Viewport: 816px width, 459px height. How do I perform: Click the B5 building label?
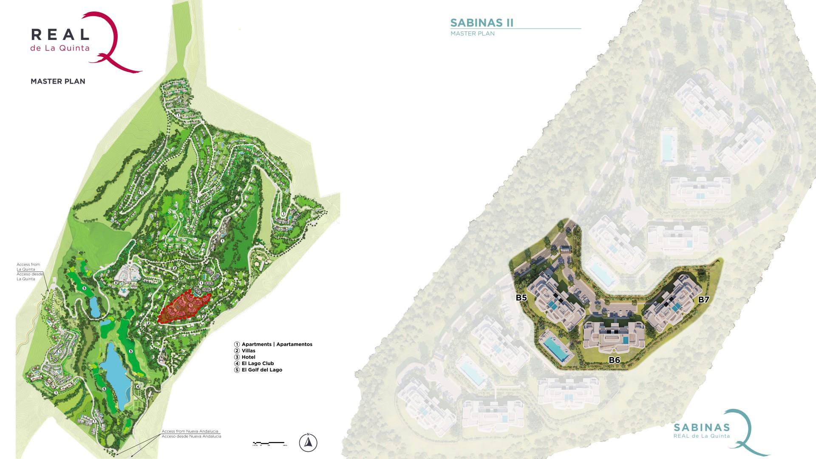pyautogui.click(x=521, y=297)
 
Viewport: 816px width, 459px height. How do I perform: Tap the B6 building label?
pyautogui.click(x=614, y=360)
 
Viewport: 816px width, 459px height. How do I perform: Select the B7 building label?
pyautogui.click(x=703, y=300)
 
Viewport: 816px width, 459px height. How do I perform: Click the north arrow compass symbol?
pyautogui.click(x=308, y=442)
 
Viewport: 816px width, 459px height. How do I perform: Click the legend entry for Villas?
pyautogui.click(x=248, y=351)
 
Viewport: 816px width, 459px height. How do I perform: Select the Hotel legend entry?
pyautogui.click(x=248, y=357)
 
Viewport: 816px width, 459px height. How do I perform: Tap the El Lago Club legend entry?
pyautogui.click(x=257, y=363)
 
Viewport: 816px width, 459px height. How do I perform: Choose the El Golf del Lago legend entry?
pyautogui.click(x=261, y=370)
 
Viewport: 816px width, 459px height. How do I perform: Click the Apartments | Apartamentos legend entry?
pyautogui.click(x=276, y=344)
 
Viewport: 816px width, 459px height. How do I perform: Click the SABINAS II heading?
pyautogui.click(x=482, y=23)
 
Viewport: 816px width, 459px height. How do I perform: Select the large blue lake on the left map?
pyautogui.click(x=115, y=378)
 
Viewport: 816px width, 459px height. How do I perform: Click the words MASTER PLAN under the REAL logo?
pyautogui.click(x=58, y=81)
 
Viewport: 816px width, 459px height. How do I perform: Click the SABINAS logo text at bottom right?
pyautogui.click(x=702, y=428)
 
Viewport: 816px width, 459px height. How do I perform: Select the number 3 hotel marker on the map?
pyautogui.click(x=116, y=283)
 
